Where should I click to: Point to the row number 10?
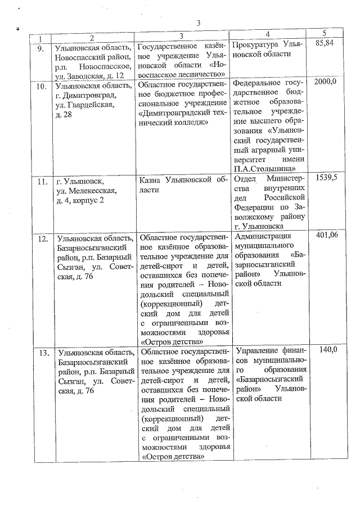(x=42, y=87)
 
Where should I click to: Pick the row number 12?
(x=42, y=238)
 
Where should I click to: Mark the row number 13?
(x=42, y=353)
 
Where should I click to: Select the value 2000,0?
(x=325, y=82)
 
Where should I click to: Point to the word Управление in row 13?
(x=257, y=351)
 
